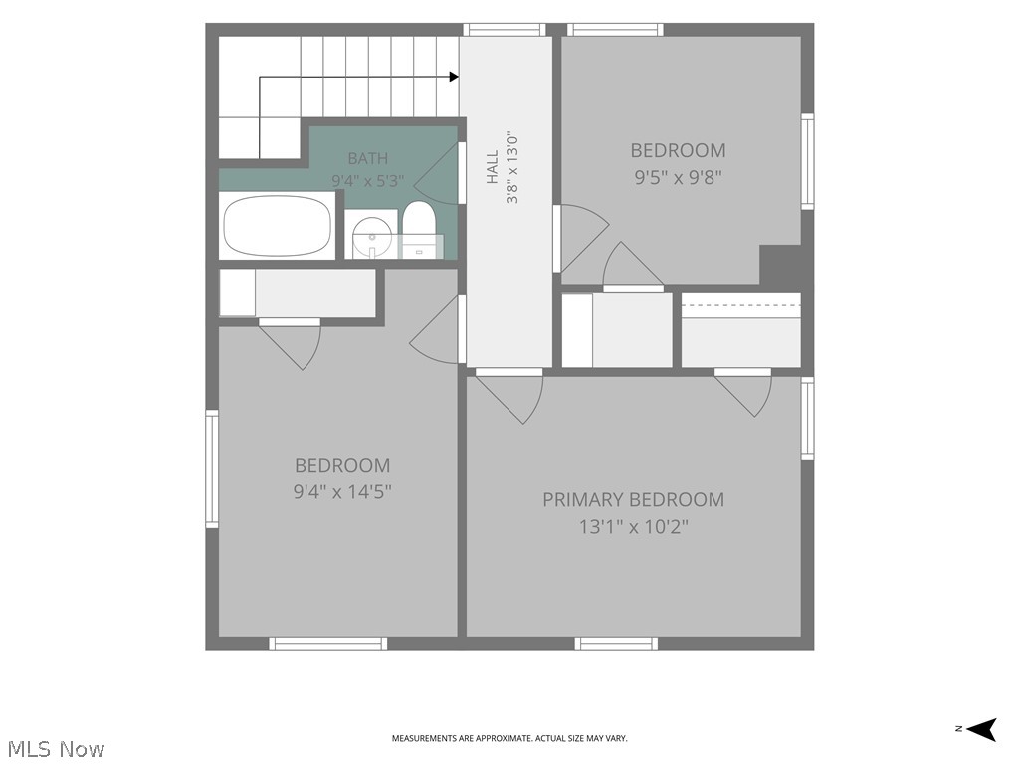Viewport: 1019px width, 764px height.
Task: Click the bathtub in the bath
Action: [277, 226]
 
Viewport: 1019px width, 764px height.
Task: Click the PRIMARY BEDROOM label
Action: [633, 499]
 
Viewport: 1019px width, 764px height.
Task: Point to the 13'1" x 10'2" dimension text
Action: [634, 526]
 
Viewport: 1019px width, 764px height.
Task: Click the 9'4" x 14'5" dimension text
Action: [342, 491]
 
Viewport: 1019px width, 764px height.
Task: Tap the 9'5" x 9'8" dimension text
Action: [679, 177]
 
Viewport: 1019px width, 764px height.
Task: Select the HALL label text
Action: [492, 167]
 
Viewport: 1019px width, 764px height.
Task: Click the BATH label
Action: [368, 158]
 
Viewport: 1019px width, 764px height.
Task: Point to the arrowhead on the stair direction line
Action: [454, 77]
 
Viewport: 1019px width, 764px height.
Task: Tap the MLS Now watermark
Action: [57, 749]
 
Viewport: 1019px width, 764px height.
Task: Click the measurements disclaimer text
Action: [509, 738]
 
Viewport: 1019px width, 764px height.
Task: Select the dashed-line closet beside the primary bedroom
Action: [740, 330]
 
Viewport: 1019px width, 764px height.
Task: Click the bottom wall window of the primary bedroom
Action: [616, 644]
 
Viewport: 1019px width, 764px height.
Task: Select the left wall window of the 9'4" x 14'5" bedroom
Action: [212, 469]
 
